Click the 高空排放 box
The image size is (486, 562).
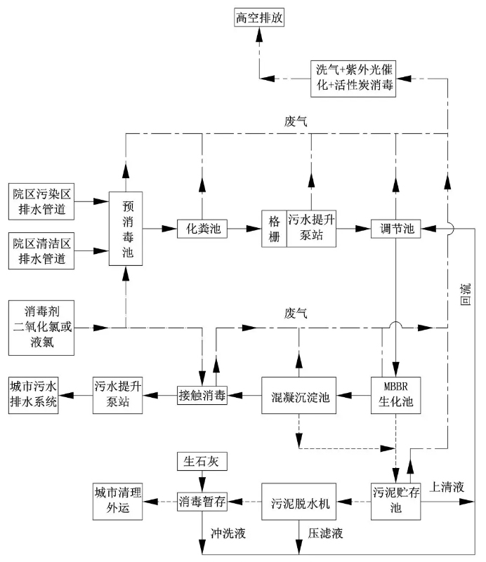(x=259, y=17)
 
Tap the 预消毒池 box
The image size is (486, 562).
(x=127, y=227)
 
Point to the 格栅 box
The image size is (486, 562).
(x=275, y=228)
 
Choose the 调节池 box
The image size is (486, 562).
(x=397, y=228)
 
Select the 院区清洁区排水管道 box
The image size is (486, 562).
(x=41, y=250)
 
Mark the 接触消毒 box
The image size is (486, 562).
(x=202, y=396)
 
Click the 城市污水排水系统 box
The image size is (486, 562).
(x=33, y=395)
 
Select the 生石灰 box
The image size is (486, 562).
(x=202, y=462)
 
